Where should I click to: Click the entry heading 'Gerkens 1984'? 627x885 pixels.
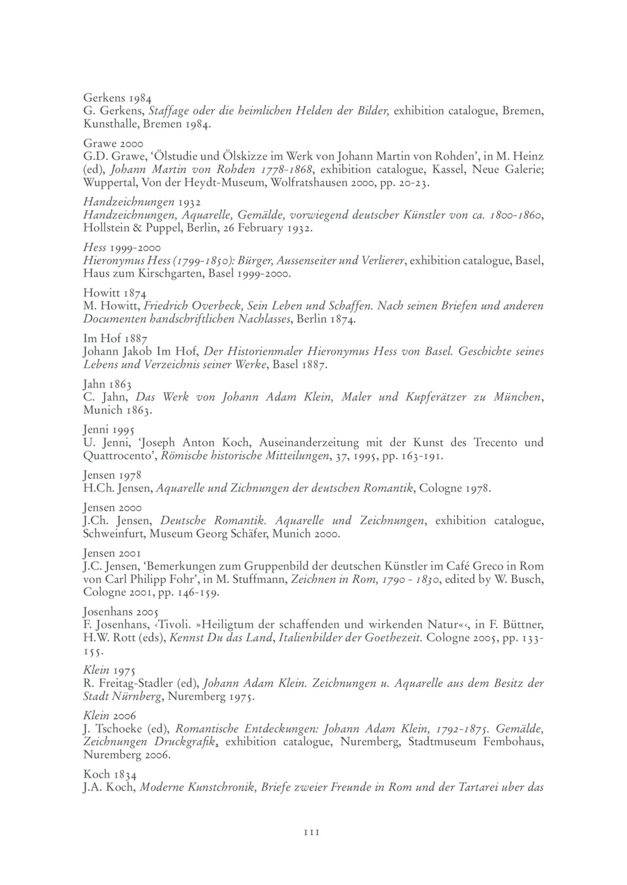[118, 97]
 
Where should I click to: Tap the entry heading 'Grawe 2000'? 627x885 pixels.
[113, 143]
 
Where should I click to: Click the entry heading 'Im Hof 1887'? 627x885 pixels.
[115, 338]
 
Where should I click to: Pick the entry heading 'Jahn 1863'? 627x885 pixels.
[108, 385]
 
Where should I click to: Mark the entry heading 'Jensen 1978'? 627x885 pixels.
[113, 475]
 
